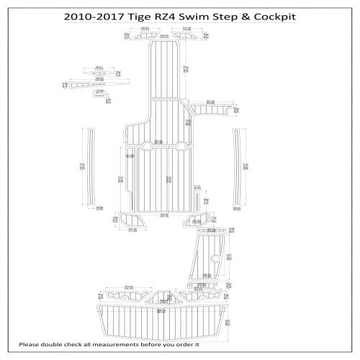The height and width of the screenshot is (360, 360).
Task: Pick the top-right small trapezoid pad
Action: pyautogui.click(x=186, y=35)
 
